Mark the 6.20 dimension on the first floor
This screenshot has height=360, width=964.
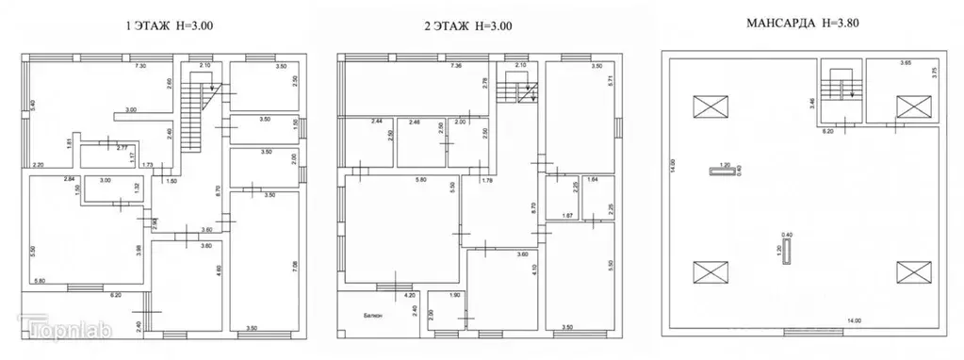click(x=114, y=296)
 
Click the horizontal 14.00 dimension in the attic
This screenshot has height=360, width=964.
click(x=853, y=322)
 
